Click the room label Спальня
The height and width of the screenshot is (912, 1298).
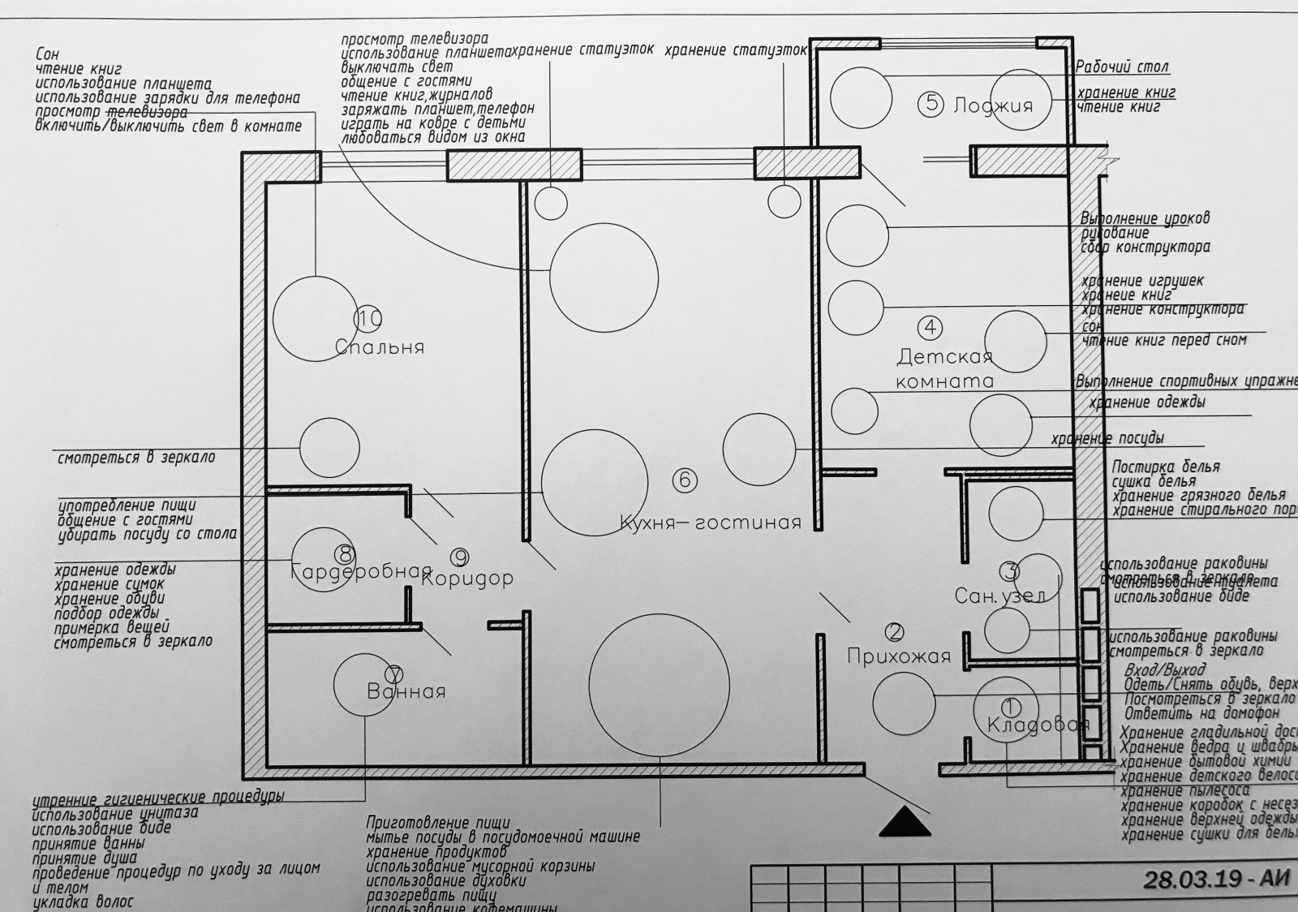pyautogui.click(x=380, y=347)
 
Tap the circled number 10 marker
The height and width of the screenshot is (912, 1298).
pyautogui.click(x=368, y=319)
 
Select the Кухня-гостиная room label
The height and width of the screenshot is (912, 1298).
pyautogui.click(x=710, y=523)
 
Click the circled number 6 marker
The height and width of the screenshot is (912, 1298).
pyautogui.click(x=685, y=480)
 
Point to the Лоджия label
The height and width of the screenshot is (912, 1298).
pyautogui.click(x=993, y=105)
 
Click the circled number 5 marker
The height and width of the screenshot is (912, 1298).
pyautogui.click(x=931, y=103)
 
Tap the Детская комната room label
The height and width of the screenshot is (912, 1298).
pyautogui.click(x=944, y=368)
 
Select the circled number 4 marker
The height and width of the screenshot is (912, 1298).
pyautogui.click(x=930, y=327)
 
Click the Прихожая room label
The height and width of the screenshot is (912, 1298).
pyautogui.click(x=898, y=656)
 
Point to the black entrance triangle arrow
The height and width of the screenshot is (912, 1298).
pyautogui.click(x=905, y=821)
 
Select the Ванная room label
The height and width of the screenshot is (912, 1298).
pyautogui.click(x=406, y=692)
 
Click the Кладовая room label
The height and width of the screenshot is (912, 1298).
pyautogui.click(x=1038, y=725)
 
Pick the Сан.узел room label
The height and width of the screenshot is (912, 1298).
pyautogui.click(x=999, y=596)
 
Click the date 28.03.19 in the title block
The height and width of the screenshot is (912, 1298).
pyautogui.click(x=1189, y=880)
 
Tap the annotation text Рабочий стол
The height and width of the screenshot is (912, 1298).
pyautogui.click(x=1122, y=67)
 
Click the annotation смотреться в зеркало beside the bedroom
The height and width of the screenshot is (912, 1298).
pyautogui.click(x=136, y=458)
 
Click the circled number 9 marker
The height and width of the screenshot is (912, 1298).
pyautogui.click(x=460, y=557)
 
